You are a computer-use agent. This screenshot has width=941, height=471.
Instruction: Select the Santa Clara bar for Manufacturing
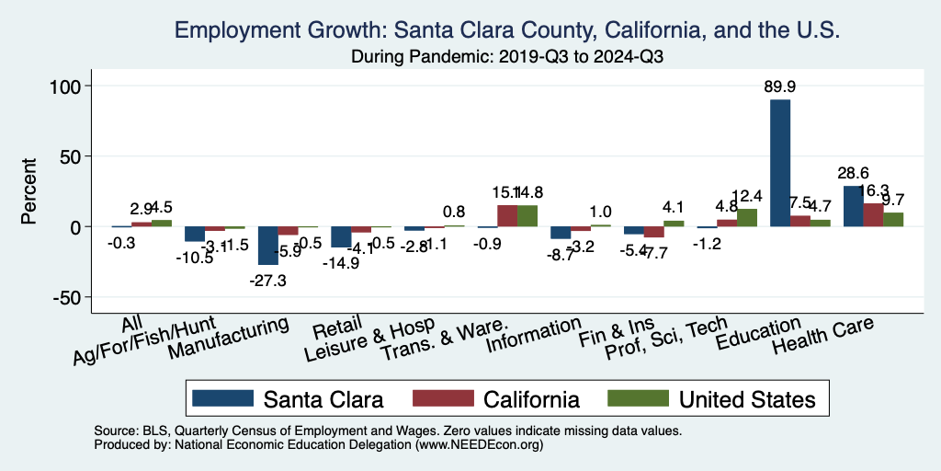tap(267, 246)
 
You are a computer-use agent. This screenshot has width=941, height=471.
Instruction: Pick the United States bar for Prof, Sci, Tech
tap(747, 217)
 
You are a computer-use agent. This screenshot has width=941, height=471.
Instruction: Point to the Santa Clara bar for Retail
tap(341, 236)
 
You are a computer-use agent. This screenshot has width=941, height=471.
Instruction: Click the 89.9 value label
tap(780, 86)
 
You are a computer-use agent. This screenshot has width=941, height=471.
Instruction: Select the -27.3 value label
tap(268, 281)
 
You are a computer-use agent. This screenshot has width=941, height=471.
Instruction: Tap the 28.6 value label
tap(853, 173)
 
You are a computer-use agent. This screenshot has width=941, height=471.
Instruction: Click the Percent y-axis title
tap(29, 191)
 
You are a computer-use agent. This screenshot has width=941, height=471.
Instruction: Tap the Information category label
tap(535, 335)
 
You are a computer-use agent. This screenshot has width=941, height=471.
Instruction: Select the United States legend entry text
tap(746, 399)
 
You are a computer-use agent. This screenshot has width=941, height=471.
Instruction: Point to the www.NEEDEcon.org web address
tap(477, 445)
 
